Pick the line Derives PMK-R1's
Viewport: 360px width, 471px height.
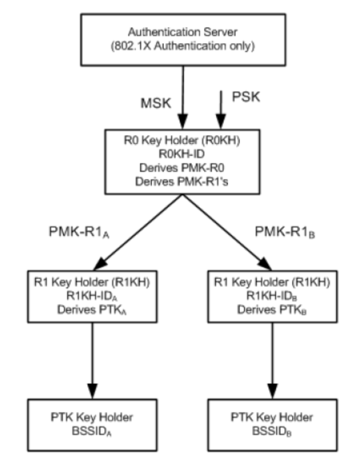[x=182, y=182]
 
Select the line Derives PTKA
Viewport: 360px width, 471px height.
[x=93, y=310]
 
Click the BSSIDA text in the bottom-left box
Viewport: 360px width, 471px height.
[x=93, y=430]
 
